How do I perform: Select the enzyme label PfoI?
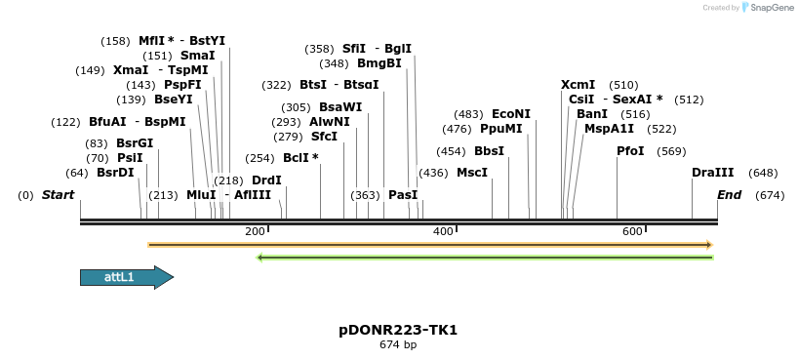coord(630,151)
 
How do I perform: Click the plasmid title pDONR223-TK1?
coord(398,330)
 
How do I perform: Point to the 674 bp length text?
coord(398,345)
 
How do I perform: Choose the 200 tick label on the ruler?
coord(255,231)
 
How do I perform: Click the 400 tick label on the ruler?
coord(443,231)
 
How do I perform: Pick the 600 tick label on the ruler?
coord(632,231)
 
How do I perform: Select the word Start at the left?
coord(58,195)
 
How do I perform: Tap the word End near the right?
coord(729,195)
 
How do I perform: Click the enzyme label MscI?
coord(472,173)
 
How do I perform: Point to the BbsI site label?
coord(489,151)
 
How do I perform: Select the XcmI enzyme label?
coord(578,85)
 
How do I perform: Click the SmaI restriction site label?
coord(197,56)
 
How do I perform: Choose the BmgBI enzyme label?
coord(379,63)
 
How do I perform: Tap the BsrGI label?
coord(135,143)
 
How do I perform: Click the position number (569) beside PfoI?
coord(671,151)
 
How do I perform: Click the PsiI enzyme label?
coord(130,158)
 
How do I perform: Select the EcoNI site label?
coord(511,114)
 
